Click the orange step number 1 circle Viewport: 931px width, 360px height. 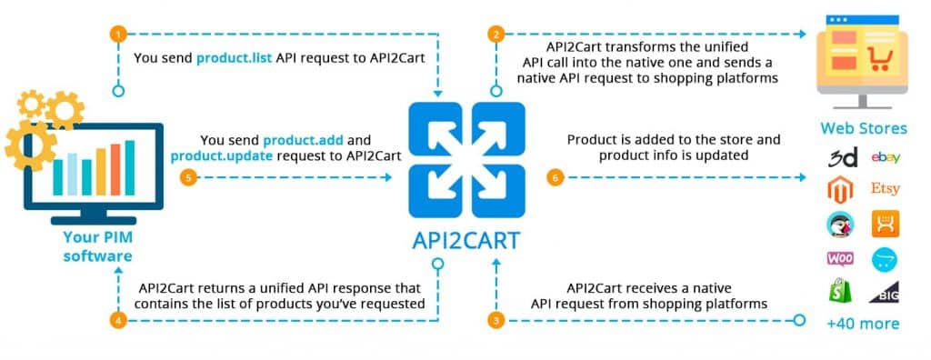pos(117,35)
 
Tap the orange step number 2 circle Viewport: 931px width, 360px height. pos(496,35)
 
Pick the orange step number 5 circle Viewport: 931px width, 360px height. pos(188,177)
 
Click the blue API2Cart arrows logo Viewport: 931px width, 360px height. pos(466,161)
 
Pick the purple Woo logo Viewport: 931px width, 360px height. pos(839,258)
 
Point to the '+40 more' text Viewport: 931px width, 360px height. pos(863,324)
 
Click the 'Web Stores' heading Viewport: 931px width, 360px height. pos(863,128)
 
